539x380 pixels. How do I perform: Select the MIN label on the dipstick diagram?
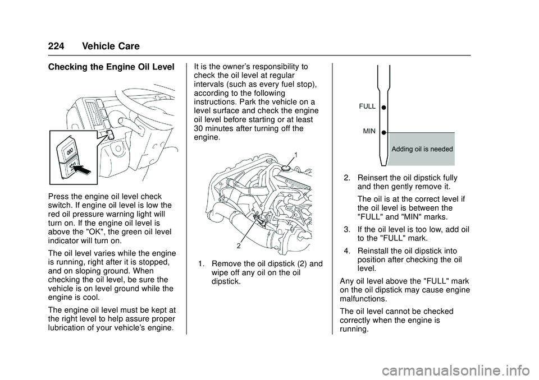(x=369, y=131)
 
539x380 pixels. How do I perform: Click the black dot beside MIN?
(x=382, y=133)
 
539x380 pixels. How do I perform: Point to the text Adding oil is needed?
(x=422, y=149)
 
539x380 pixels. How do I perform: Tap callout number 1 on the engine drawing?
(x=295, y=154)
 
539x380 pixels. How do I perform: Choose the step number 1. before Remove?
(x=203, y=264)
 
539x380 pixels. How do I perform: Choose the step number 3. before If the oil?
(x=348, y=229)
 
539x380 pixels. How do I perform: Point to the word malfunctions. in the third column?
(x=366, y=299)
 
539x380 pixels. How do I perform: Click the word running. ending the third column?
(x=354, y=331)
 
